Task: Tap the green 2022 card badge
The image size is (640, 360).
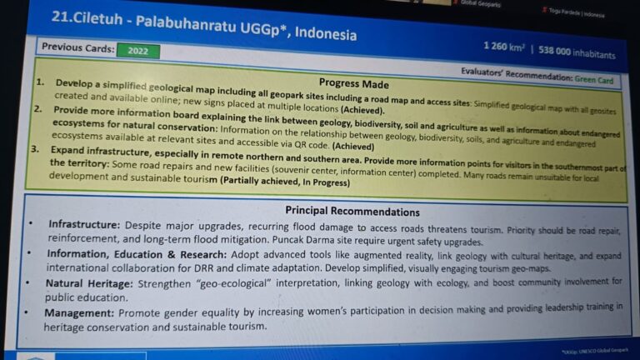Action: tap(137, 51)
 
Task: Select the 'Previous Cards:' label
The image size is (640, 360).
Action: tap(77, 48)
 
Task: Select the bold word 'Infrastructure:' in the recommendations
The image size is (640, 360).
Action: tap(84, 225)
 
